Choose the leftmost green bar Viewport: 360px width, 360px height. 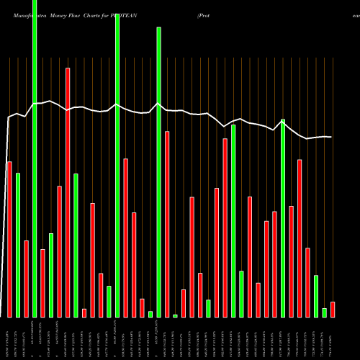(18, 245)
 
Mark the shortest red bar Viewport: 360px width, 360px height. (84, 312)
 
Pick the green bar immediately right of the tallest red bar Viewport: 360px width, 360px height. (76, 245)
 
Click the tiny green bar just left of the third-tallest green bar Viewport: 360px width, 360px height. (150, 314)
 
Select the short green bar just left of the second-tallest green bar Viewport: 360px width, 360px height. (109, 301)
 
